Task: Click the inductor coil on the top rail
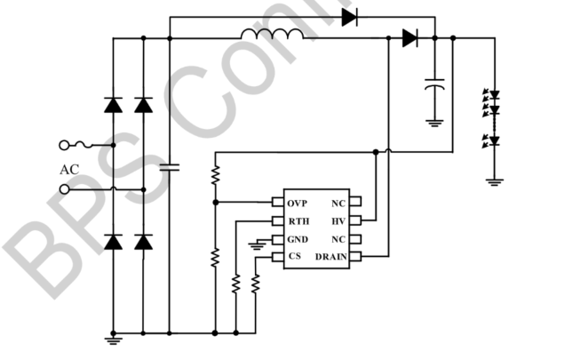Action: pos(271,35)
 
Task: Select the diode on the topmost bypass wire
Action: pos(349,15)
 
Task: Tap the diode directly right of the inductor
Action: pos(409,37)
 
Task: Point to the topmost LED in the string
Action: pos(496,94)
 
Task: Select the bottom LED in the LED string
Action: pos(496,140)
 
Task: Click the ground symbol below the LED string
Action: pos(496,181)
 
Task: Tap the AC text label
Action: pos(70,169)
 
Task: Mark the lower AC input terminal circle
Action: pos(64,188)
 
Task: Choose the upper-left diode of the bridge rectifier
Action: pos(114,104)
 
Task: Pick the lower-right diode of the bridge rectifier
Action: pos(143,241)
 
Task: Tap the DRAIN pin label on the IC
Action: pos(330,257)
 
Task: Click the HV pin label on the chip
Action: pos(338,220)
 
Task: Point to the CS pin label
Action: pos(294,257)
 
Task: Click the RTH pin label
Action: pos(298,220)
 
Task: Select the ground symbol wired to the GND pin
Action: pos(258,242)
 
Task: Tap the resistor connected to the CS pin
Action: pos(256,284)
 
